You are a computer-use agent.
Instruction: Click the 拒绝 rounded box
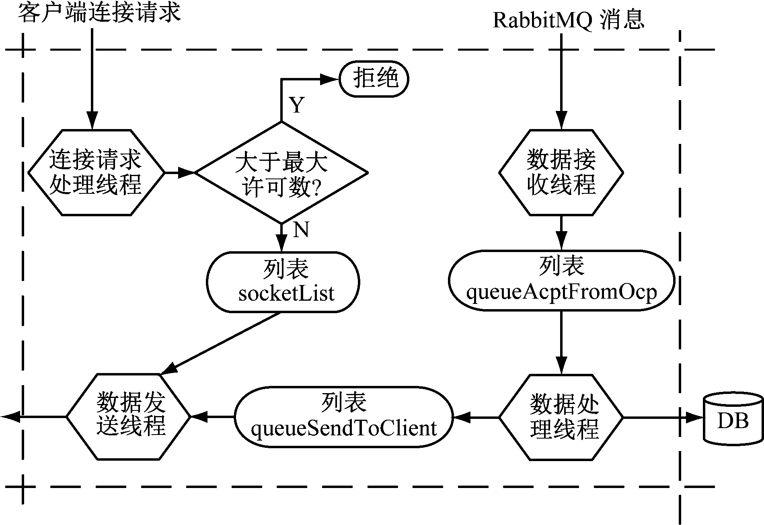pos(374,79)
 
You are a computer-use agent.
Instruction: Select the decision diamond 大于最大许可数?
pos(281,173)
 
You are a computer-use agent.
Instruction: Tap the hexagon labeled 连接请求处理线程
pos(96,173)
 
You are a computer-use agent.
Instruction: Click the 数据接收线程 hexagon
pos(561,173)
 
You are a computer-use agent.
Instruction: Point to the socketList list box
pos(283,282)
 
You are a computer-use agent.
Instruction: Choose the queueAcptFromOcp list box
pos(561,280)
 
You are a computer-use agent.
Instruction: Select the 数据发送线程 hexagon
pos(128,417)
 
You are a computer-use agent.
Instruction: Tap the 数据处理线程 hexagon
pos(561,417)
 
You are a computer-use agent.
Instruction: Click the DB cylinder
pos(733,419)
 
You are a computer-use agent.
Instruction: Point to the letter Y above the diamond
pos(297,105)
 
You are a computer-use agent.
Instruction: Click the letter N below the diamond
pos(301,230)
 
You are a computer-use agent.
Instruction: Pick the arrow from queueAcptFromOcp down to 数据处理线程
pos(561,342)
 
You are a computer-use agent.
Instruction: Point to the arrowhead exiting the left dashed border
pos(10,417)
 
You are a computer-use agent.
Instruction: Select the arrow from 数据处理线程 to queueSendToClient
pos(476,417)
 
